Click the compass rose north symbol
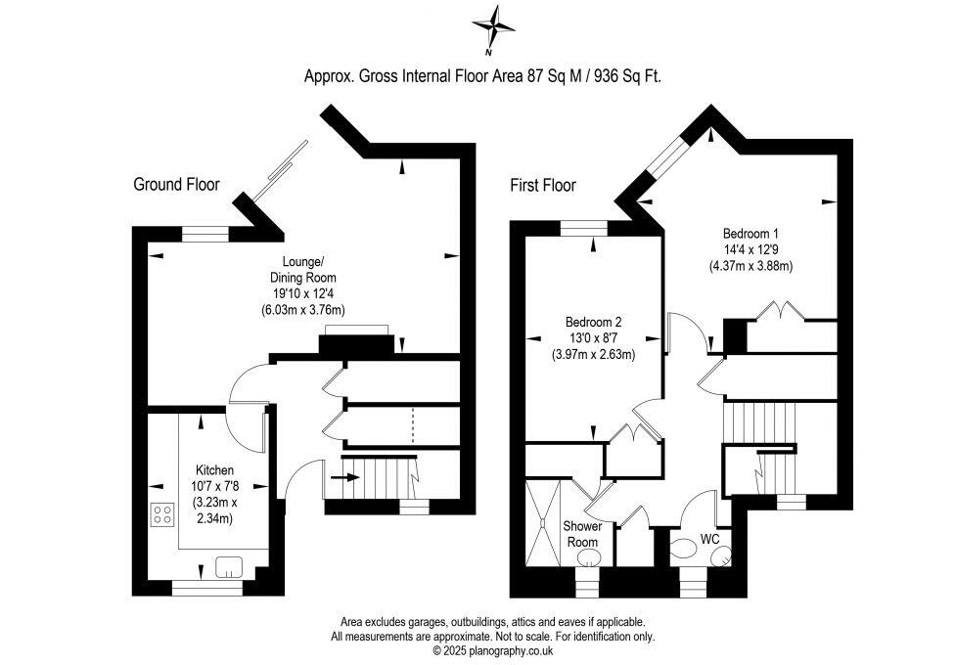493,26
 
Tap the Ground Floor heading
177,184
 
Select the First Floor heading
543,185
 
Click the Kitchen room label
214,470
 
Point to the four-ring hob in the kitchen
162,514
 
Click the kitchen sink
229,566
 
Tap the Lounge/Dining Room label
302,270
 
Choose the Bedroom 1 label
750,233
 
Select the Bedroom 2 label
593,322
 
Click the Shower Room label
582,533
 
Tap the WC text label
710,539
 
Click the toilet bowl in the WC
682,554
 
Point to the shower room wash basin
588,557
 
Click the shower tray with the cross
541,522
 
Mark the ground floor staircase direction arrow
344,477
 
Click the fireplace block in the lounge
356,344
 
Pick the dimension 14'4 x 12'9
750,249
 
